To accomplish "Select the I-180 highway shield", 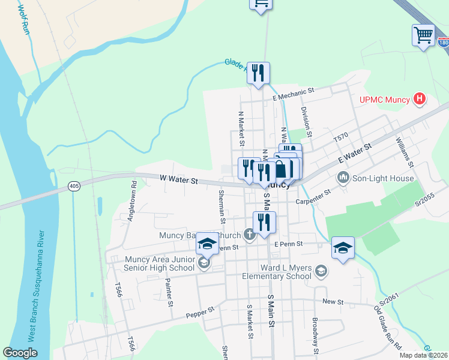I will pyautogui.click(x=443, y=43).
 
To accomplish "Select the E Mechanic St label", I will pyautogui.click(x=293, y=91).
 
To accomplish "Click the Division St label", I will pyautogui.click(x=307, y=120).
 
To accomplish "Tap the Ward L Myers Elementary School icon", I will pyautogui.click(x=321, y=272).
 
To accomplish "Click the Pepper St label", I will pyautogui.click(x=200, y=312).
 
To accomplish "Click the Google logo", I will pyautogui.click(x=20, y=353).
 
